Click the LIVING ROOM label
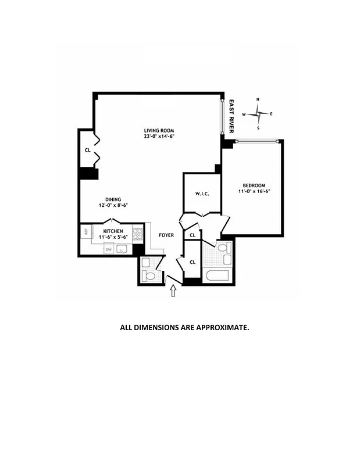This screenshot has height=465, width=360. coord(159,130)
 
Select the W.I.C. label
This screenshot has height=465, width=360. coord(201,194)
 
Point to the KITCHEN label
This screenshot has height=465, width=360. coord(111,231)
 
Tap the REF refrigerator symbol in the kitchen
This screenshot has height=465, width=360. coord(85,232)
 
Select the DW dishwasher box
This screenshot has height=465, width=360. coord(108,250)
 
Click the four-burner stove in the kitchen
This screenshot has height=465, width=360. coord(138,235)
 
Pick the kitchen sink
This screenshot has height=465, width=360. coord(123,250)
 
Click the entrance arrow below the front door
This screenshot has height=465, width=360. coord(173,292)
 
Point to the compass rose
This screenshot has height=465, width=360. coord(258,114)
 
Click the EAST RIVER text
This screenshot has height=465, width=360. coord(230,116)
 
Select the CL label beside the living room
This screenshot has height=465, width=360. coord(87,150)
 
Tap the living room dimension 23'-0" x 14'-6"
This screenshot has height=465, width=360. coord(159,137)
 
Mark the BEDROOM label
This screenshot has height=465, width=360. coord(254,184)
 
